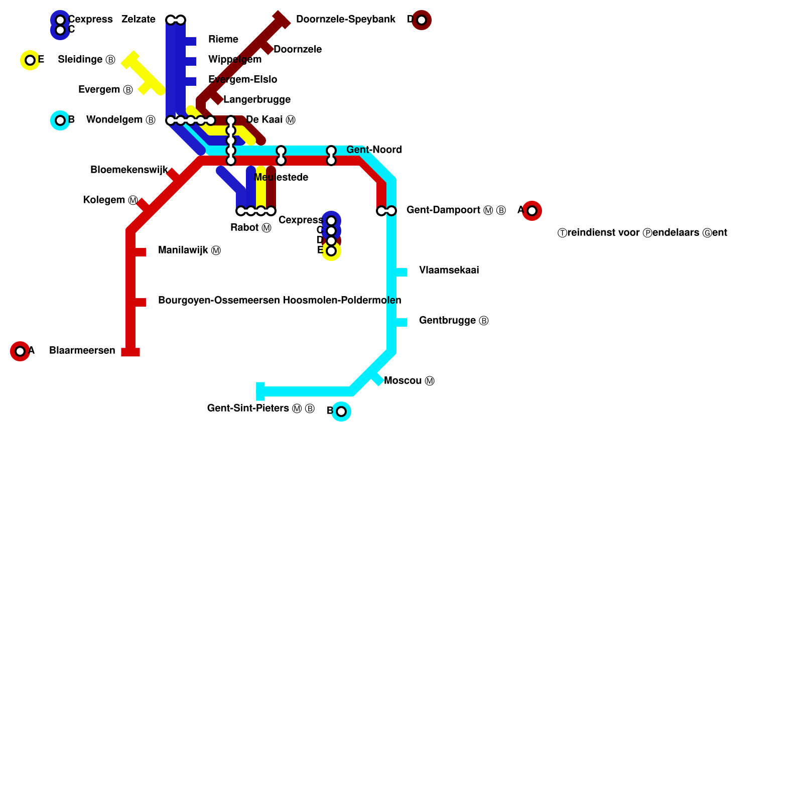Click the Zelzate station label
[x=138, y=20]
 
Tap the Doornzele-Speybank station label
[x=345, y=20]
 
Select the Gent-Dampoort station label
[x=456, y=210]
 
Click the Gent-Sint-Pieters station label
[x=260, y=409]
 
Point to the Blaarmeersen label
[x=82, y=351]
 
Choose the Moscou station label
[x=409, y=381]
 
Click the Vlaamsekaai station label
[x=449, y=271]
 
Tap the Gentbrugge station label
[x=453, y=321]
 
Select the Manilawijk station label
[x=189, y=250]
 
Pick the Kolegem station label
[x=110, y=200]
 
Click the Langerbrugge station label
[x=257, y=100]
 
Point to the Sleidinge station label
[x=86, y=60]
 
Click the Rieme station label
[x=223, y=40]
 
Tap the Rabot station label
[x=250, y=228]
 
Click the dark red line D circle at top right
[x=422, y=20]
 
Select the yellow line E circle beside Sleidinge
[x=30, y=60]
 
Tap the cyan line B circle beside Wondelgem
[x=60, y=120]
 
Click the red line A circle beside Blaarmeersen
[x=20, y=351]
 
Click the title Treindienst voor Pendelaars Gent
[x=642, y=233]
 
